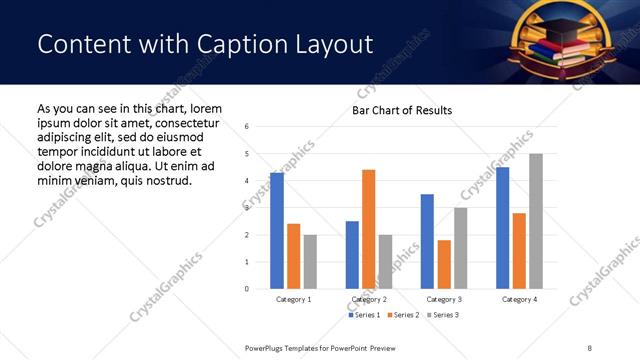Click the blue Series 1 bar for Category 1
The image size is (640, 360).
coord(277,231)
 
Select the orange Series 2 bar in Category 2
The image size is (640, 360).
coord(369,229)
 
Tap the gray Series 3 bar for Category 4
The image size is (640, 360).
coord(536,221)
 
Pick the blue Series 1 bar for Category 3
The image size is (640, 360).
coord(427,241)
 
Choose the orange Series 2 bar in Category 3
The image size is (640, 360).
coord(444,264)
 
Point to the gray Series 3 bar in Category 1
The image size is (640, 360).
coord(310,262)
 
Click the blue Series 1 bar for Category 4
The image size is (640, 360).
coord(502,228)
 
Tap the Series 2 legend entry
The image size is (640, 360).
coord(401,315)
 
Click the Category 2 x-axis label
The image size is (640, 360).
coord(369,300)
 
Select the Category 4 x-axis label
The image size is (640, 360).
coord(519,300)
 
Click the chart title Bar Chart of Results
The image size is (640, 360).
coord(402,110)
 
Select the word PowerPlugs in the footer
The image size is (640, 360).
coord(265,347)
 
